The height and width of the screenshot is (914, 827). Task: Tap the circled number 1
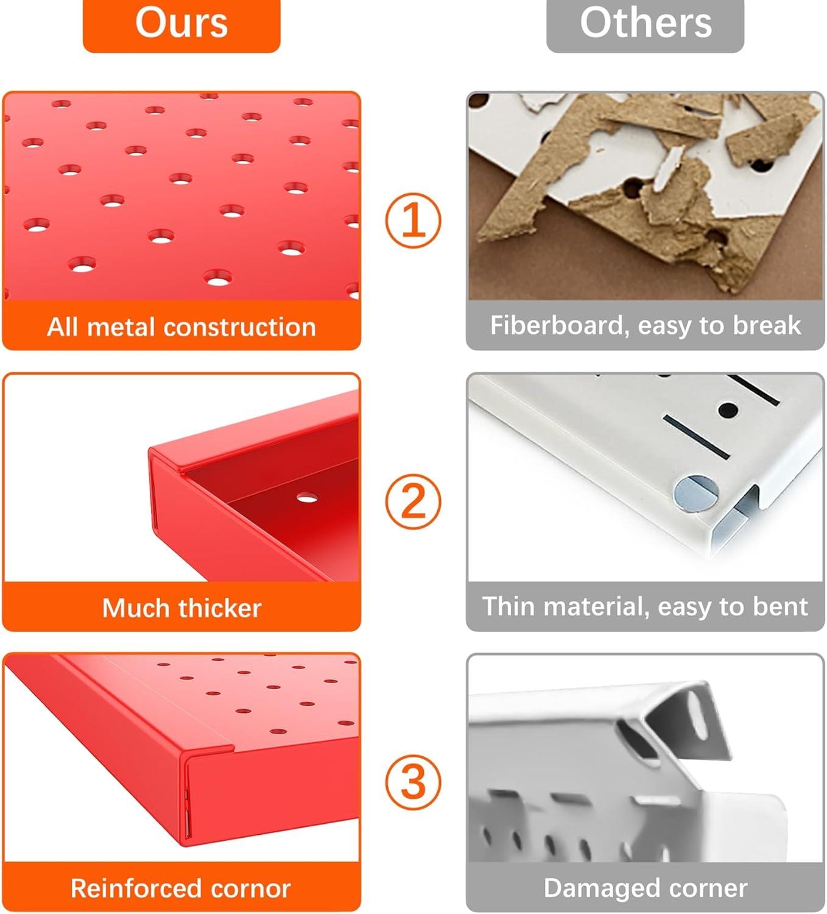click(x=413, y=220)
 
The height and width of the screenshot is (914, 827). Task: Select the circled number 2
click(x=413, y=501)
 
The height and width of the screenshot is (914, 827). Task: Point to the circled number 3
click(x=413, y=782)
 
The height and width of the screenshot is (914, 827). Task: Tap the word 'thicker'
click(x=220, y=608)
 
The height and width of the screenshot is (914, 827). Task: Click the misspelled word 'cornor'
click(x=251, y=888)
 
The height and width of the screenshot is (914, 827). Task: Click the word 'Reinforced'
click(x=136, y=888)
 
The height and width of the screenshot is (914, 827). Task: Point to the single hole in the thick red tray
click(x=308, y=498)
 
